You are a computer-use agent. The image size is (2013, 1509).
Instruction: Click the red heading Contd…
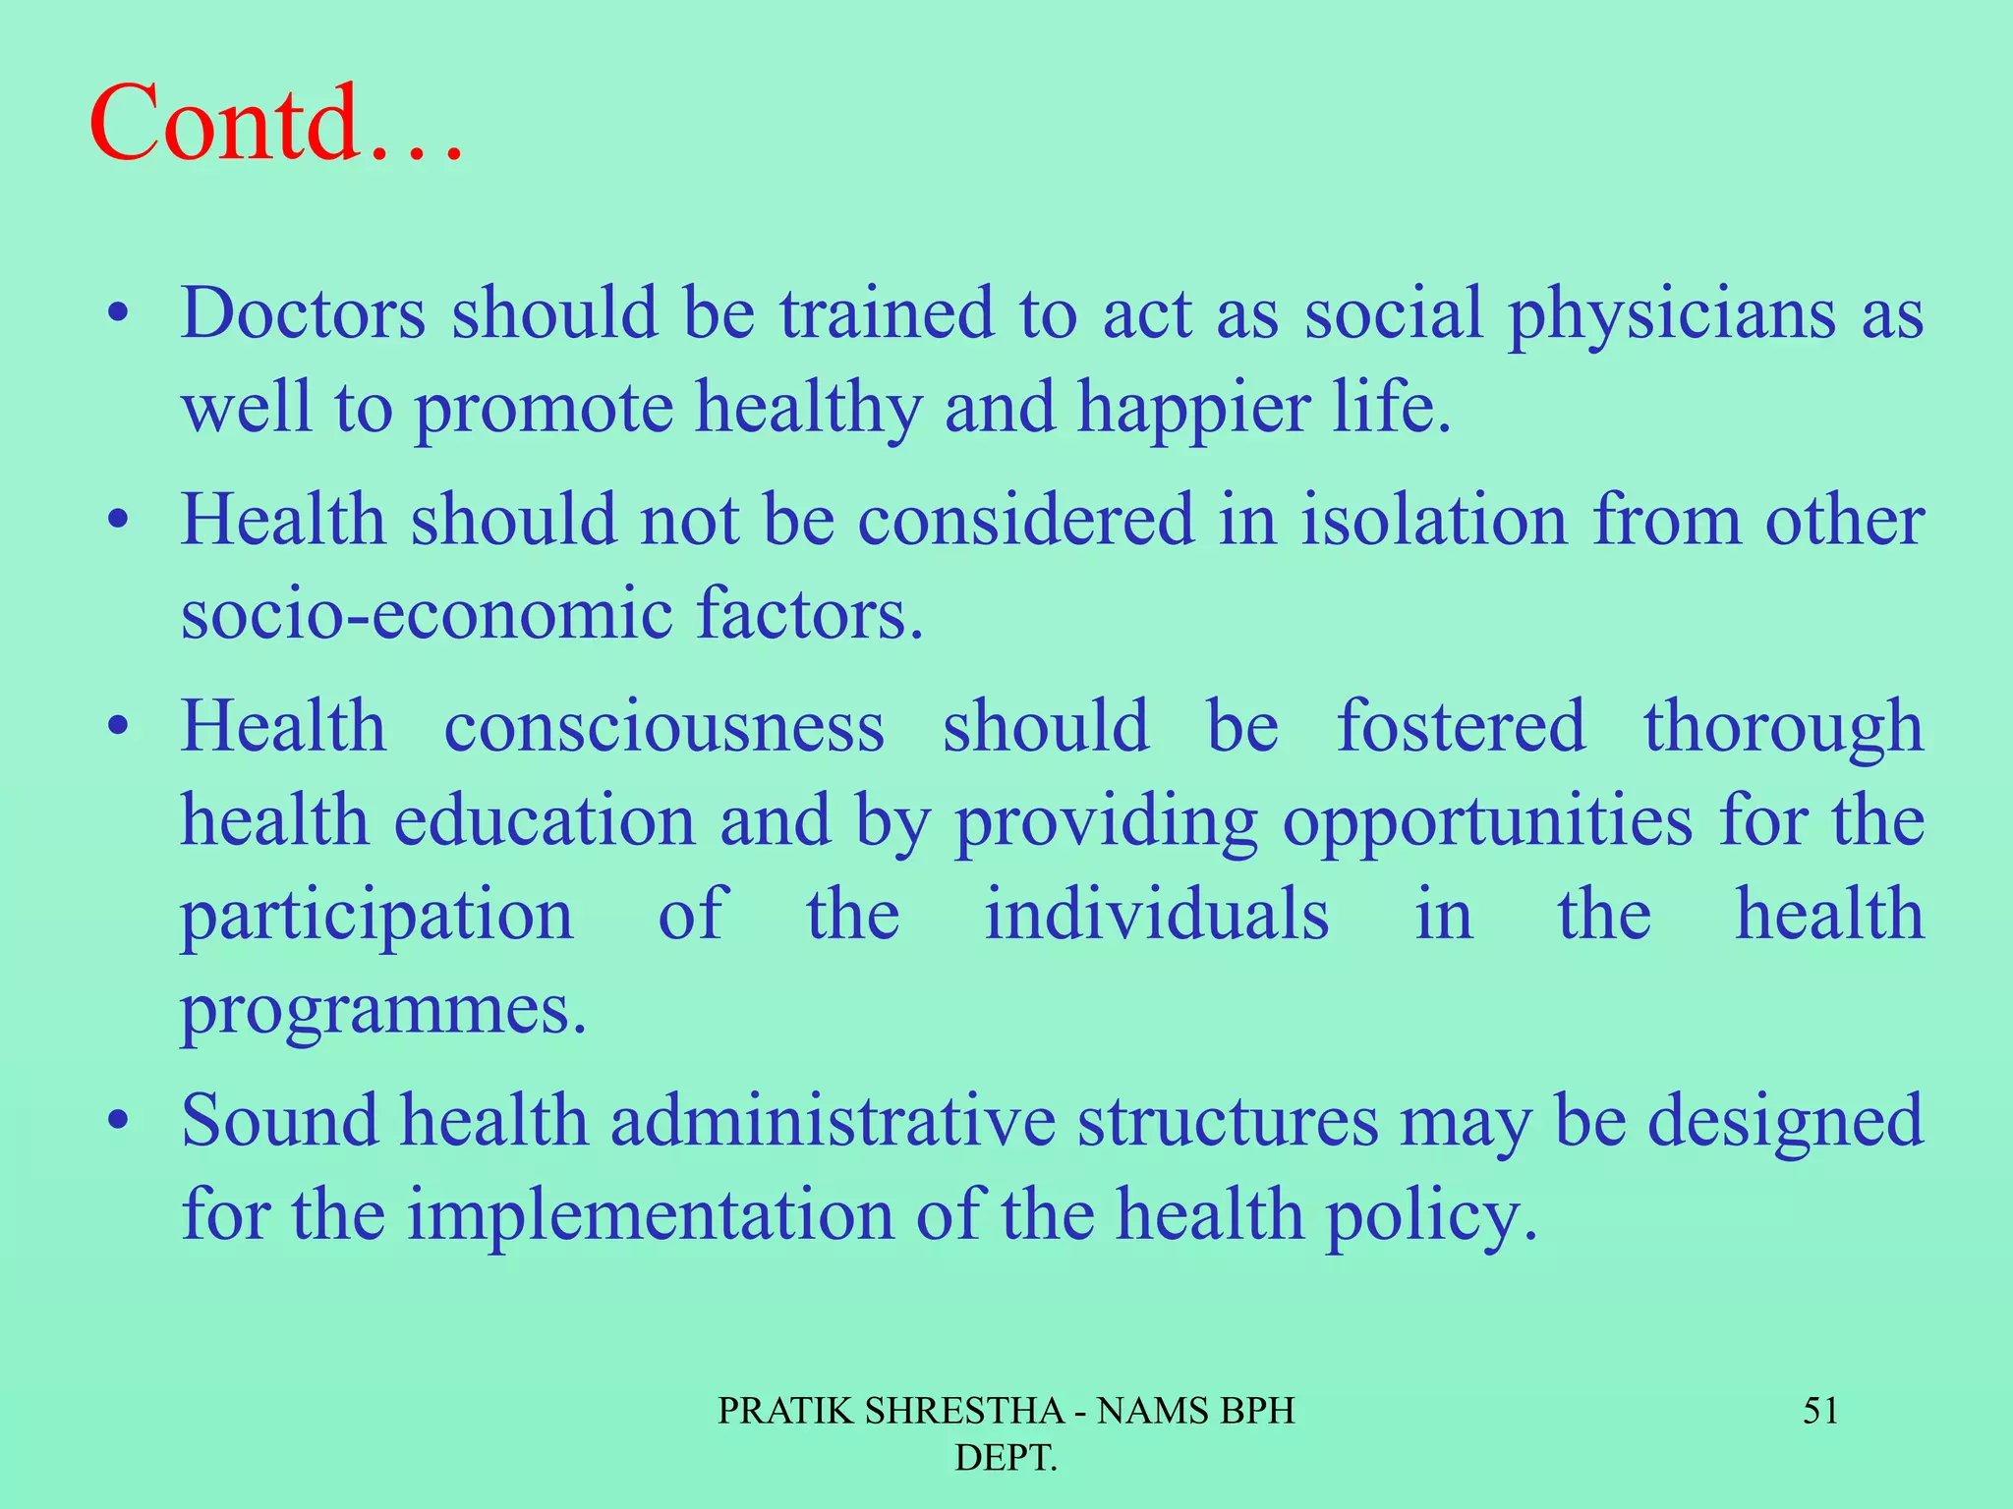[x=275, y=125]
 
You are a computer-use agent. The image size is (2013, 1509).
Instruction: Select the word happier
[x=1193, y=409]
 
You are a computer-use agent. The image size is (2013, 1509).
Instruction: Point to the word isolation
[x=1434, y=520]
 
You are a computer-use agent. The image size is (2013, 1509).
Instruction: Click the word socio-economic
[x=427, y=614]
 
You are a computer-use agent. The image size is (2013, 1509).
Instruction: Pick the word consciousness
[x=664, y=727]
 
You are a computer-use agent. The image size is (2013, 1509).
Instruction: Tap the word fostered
[x=1462, y=727]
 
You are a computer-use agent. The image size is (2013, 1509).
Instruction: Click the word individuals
[x=1157, y=915]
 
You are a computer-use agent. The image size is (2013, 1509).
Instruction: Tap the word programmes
[x=383, y=1012]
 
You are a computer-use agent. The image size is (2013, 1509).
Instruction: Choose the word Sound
[x=279, y=1121]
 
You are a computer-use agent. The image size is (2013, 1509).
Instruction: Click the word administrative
[x=833, y=1121]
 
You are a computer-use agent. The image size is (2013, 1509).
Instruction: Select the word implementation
[x=651, y=1216]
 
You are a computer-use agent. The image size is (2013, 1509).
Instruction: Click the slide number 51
[x=1820, y=1412]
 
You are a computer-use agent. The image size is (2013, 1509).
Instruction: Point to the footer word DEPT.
[x=1006, y=1458]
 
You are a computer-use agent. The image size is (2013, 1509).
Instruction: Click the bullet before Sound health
[x=119, y=1121]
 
